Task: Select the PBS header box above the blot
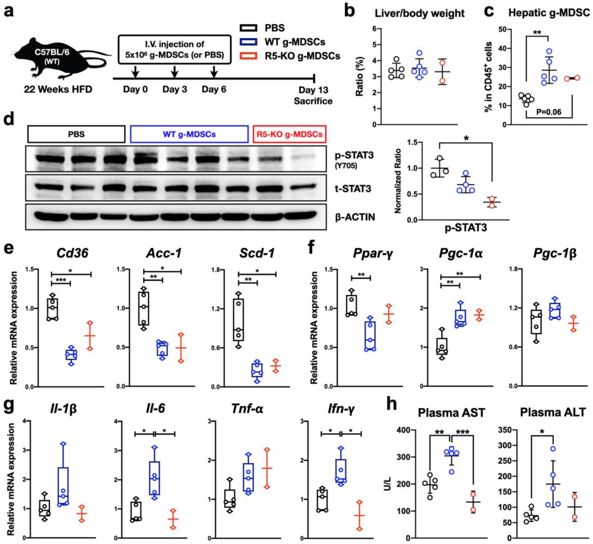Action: (x=76, y=134)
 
